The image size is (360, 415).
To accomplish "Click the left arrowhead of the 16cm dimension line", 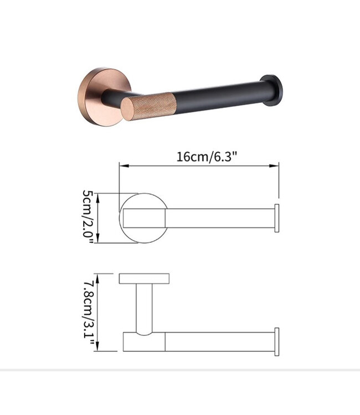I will [124, 165].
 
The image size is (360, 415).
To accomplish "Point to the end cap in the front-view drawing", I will [276, 218].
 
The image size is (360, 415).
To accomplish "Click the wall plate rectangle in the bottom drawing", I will [145, 278].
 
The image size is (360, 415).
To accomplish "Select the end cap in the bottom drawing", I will [276, 341].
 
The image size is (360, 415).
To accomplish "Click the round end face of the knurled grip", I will [129, 110].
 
